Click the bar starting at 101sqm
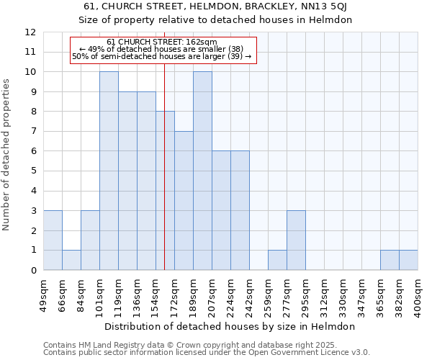[x=109, y=171]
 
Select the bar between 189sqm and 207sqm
[x=202, y=171]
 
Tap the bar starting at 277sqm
[x=296, y=240]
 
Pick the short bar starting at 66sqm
[x=71, y=260]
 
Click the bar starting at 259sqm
[x=277, y=260]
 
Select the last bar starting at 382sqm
[x=408, y=260]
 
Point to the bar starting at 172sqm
[x=184, y=200]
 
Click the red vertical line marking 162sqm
[x=165, y=180]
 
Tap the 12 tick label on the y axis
[x=30, y=32]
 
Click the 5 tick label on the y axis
[x=33, y=171]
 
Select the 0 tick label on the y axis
[x=33, y=271]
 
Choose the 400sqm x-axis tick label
[x=418, y=296]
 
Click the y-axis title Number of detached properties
[x=7, y=155]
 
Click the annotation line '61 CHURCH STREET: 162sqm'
[x=162, y=42]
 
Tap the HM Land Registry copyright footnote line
[x=205, y=345]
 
